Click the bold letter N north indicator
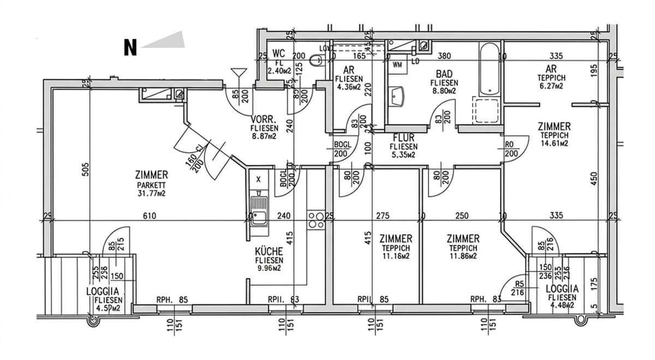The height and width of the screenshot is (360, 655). click(130, 48)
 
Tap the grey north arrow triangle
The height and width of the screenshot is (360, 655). click(166, 41)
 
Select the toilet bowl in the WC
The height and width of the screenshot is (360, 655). click(316, 62)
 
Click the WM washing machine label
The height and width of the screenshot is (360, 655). click(397, 64)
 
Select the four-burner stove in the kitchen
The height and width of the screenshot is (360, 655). click(315, 220)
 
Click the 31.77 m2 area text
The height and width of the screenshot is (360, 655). click(151, 193)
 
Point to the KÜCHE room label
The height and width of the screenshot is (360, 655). click(269, 251)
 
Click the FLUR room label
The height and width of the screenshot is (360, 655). click(403, 139)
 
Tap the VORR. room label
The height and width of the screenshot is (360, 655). click(264, 120)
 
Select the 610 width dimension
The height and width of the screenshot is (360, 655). click(150, 216)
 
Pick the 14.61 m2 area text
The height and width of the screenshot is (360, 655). click(555, 143)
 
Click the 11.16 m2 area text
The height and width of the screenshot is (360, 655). click(396, 256)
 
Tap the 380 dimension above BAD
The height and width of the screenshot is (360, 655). click(444, 56)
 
